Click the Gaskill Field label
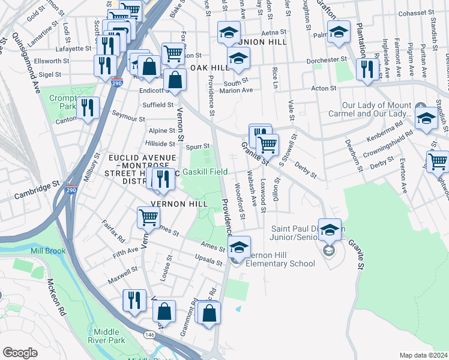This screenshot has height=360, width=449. coord(205,172)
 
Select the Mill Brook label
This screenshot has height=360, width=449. coord(48,251)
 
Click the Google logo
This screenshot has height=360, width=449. coord(20,353)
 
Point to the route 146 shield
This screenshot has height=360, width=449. coord(148,334)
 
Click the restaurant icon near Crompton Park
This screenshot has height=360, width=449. coord(88,108)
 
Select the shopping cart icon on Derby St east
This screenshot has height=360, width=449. coord(438,161)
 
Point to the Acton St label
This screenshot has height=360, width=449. coord(324,88)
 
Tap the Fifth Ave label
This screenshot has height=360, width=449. coord(125,254)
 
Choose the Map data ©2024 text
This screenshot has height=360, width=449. coord(424,355)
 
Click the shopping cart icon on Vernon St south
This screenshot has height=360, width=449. coord(148,218)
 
